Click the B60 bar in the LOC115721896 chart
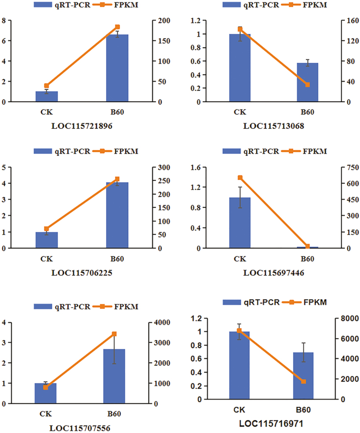(117, 68)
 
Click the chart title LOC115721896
(82, 126)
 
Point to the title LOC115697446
(274, 273)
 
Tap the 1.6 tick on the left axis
(194, 168)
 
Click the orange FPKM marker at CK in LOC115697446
(240, 178)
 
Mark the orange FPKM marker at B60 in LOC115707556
(114, 334)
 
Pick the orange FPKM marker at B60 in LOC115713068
(307, 85)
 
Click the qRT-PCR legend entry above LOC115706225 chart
(62, 151)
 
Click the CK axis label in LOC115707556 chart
(46, 414)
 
